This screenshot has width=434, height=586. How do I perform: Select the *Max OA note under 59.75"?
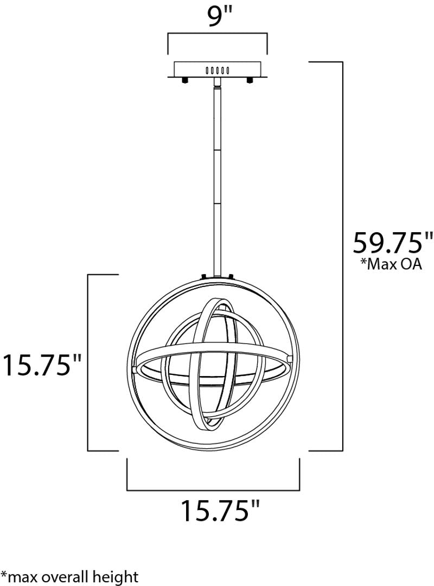(391, 264)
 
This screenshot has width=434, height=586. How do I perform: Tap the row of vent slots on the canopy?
(217, 70)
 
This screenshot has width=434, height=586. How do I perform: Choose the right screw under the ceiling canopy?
(249, 80)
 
